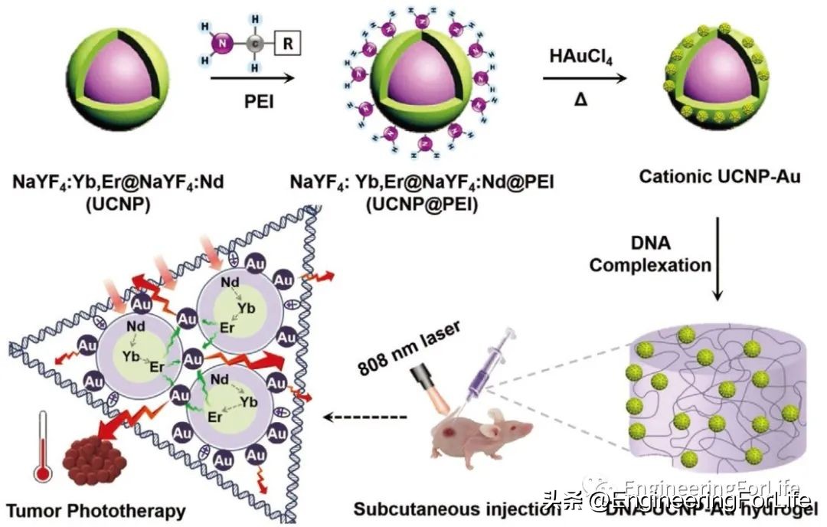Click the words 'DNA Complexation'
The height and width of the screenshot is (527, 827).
tap(650, 254)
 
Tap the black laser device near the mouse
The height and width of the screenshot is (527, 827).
tap(420, 377)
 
